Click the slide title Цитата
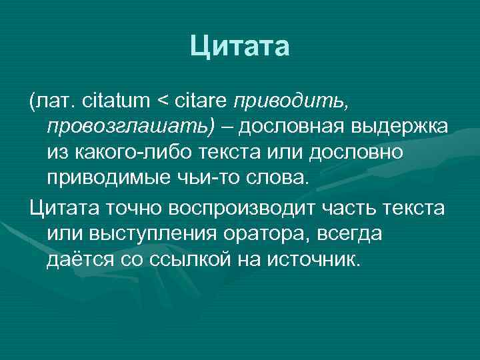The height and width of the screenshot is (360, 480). [x=239, y=47]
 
